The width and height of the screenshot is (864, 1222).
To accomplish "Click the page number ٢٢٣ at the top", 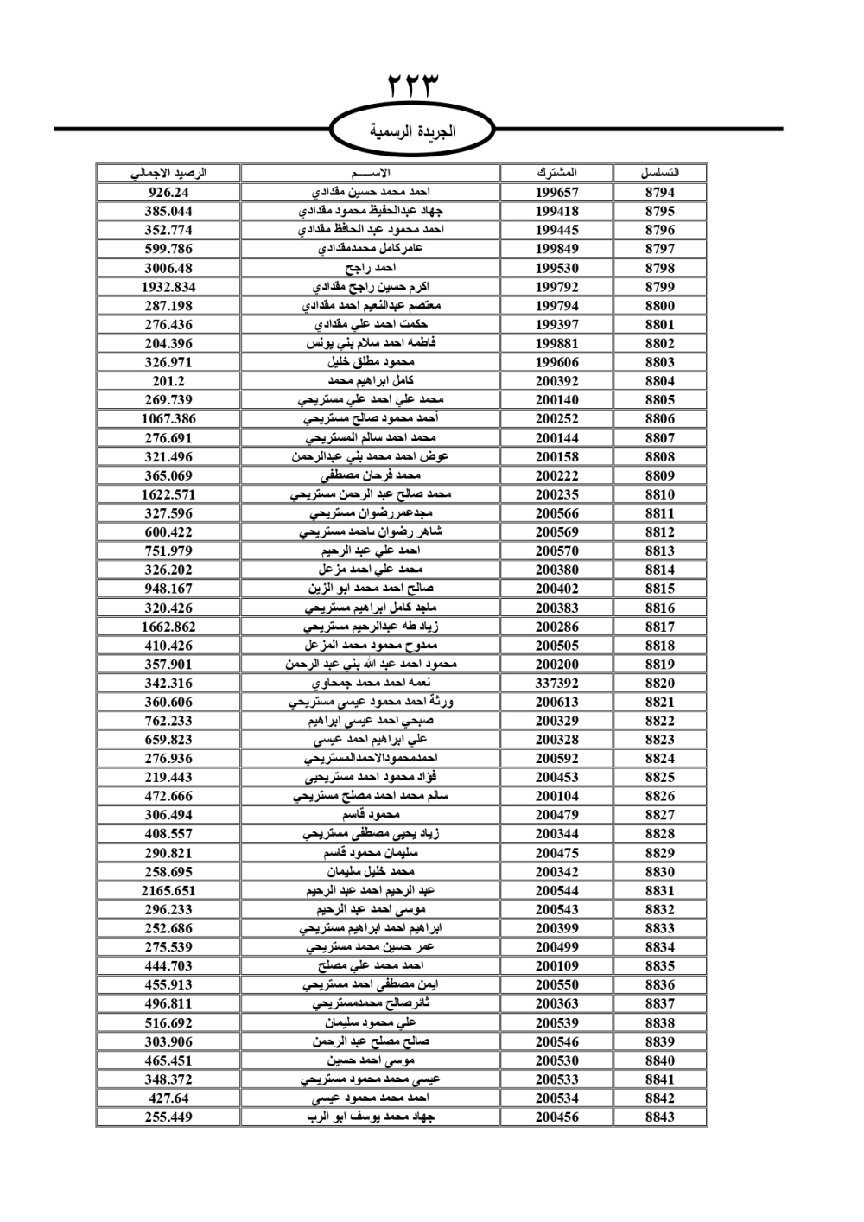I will (413, 86).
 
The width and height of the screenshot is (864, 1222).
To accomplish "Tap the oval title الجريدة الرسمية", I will (413, 131).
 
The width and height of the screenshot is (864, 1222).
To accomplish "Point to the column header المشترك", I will (556, 173).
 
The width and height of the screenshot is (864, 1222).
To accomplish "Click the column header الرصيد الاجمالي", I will (168, 173).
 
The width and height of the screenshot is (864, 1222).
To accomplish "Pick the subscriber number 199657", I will (556, 193).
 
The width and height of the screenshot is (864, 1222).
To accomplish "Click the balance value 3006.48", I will (168, 268).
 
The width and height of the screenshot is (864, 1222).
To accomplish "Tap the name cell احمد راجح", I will (371, 268).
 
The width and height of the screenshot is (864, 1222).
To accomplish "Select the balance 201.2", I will (168, 381).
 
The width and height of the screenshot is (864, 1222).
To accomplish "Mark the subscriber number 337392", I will (556, 683).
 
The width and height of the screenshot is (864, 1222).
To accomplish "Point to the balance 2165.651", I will (168, 891).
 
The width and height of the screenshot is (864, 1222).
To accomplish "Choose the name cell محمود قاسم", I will (371, 815).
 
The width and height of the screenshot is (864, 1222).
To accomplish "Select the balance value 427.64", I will (168, 1098).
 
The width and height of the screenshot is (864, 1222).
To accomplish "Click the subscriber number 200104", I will (556, 796).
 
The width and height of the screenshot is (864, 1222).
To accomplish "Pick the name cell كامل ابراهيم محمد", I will (371, 381).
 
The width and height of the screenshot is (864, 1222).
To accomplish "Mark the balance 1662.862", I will (168, 627).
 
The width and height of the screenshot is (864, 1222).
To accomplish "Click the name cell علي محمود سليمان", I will (371, 1022).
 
